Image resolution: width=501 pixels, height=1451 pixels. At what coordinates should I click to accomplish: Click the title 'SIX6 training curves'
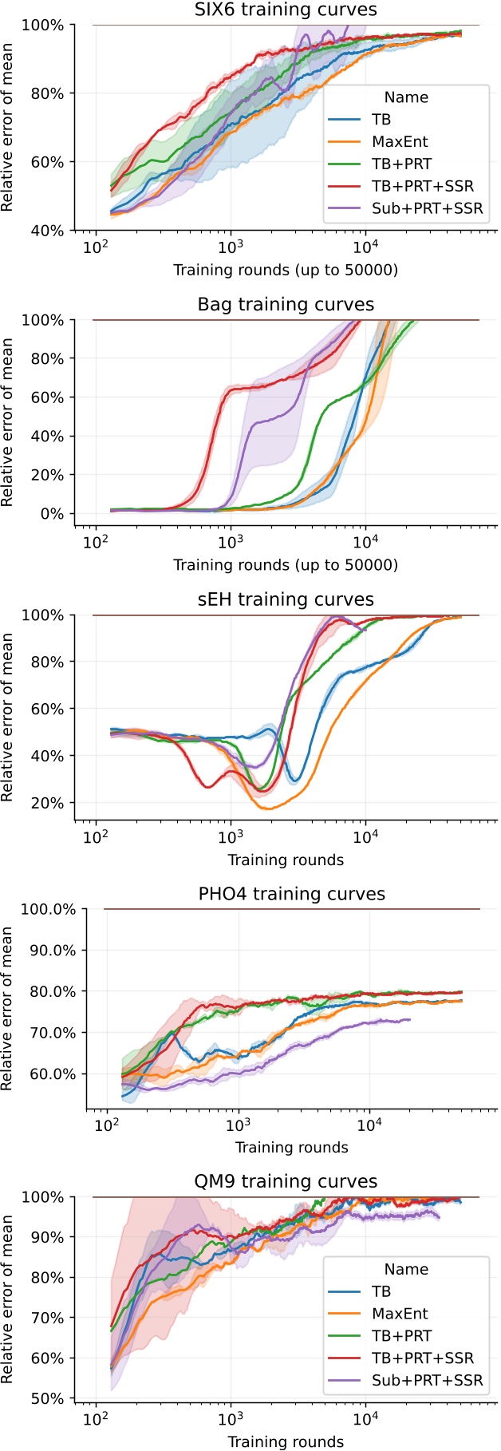pos(286,10)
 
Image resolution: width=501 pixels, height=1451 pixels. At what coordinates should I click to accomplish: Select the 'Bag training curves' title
pos(286,305)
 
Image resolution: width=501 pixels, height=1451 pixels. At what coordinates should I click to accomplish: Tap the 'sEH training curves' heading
pos(286,599)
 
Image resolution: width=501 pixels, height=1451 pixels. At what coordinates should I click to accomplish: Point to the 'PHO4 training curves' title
pos(291,894)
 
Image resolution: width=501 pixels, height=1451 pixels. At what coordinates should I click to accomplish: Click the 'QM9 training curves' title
pos(286,1181)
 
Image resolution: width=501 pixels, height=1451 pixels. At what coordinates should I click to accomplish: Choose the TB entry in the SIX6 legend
pos(381,120)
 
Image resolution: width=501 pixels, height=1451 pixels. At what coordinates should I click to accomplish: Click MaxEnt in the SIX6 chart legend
pos(400,142)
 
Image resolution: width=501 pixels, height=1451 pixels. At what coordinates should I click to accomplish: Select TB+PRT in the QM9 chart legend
pos(401,1335)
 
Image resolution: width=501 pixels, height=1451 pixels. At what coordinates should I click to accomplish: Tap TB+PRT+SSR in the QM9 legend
pos(423,1358)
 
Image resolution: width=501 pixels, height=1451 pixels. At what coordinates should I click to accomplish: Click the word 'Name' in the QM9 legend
pos(406,1269)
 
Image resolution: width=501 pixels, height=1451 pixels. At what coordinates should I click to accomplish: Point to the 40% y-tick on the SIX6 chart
pos(48,231)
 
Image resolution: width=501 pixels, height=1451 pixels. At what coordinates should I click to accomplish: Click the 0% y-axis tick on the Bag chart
pos(53,514)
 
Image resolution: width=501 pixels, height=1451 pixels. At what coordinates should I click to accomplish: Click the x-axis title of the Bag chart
pos(286,565)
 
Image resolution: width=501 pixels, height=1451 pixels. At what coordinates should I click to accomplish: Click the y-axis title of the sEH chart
pos(8,718)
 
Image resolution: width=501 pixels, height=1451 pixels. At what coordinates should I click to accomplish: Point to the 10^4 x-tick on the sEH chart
pos(365,837)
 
